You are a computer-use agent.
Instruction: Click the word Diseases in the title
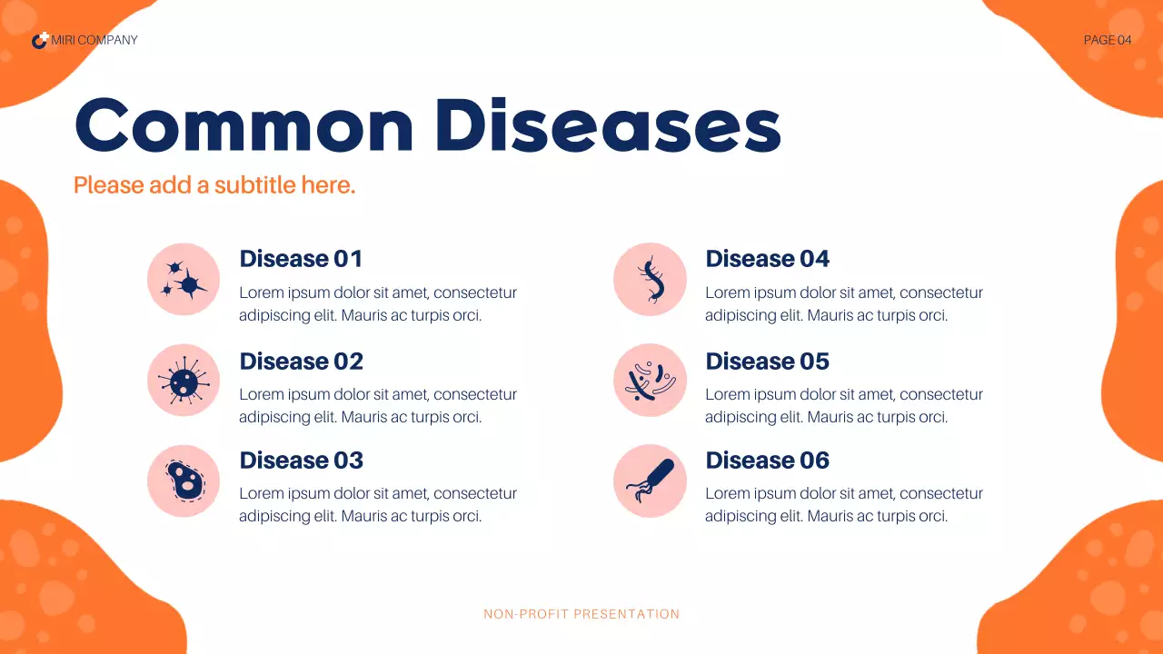pos(608,126)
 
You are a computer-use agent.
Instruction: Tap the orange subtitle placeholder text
pos(214,185)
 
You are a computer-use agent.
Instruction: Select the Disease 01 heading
pos(301,259)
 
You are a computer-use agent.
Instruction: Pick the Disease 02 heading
pos(301,362)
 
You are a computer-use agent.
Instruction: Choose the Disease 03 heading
pos(301,461)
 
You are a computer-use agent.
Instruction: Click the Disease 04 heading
pos(767,259)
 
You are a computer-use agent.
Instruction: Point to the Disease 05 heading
pos(767,362)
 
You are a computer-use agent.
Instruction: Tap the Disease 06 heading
pos(767,461)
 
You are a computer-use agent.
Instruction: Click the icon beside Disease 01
pos(184,280)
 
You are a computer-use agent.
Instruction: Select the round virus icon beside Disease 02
pos(184,381)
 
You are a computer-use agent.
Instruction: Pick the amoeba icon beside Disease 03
pos(184,481)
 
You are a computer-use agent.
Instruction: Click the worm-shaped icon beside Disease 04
pos(650,280)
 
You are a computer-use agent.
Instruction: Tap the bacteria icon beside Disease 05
pos(650,381)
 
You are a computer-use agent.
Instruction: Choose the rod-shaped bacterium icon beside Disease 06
pos(650,481)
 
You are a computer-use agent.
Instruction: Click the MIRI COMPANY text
pos(94,40)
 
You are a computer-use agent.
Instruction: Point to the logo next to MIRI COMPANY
pos(40,40)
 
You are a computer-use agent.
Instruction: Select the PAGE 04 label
pos(1108,40)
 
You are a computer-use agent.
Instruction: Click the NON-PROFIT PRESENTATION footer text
pos(581,614)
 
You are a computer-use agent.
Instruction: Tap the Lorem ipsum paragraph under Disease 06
pos(843,505)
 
